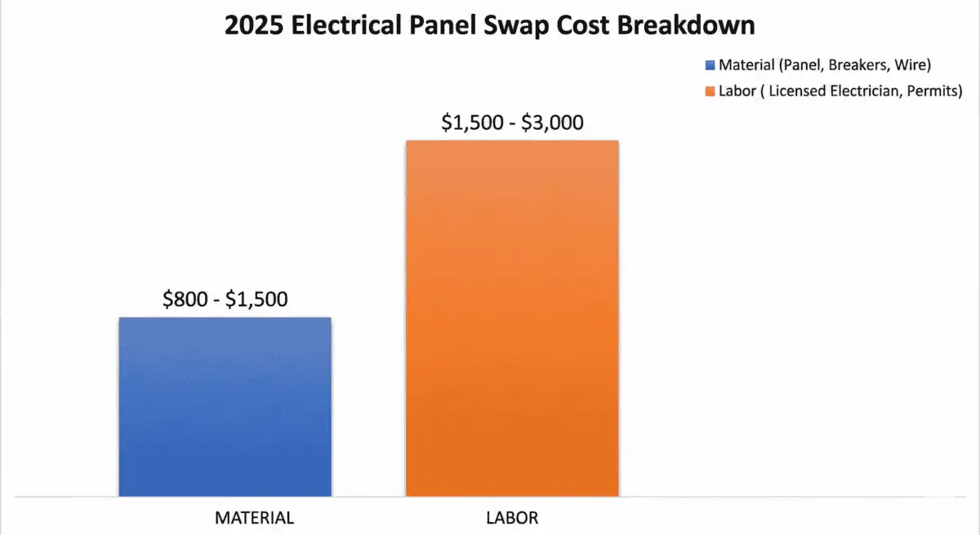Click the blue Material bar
[x=225, y=406]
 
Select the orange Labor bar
[x=512, y=318]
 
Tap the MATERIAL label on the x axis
[x=254, y=518]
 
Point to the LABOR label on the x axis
[x=512, y=518]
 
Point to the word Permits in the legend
[x=932, y=91]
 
